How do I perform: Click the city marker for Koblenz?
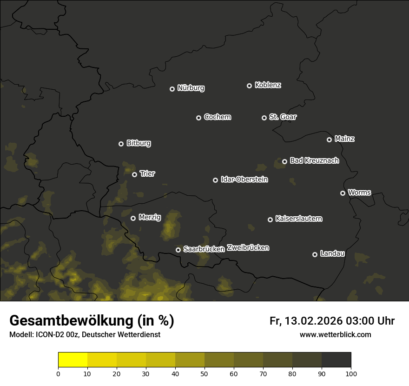point(249,86)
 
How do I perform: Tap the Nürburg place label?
point(191,88)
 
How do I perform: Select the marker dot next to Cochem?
point(198,118)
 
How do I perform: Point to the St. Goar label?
point(283,117)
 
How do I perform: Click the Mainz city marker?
point(329,140)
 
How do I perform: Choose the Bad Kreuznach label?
point(314,160)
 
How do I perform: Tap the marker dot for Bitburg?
point(121,144)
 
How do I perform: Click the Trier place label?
point(147,173)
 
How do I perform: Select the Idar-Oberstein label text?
point(244,180)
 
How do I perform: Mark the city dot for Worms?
point(343,193)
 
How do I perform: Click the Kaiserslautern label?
point(298,219)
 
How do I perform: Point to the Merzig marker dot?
point(133,218)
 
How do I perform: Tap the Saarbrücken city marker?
point(178,250)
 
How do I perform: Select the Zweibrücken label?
point(248,248)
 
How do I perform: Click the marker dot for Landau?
point(315,254)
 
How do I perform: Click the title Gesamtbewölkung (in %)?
point(92,321)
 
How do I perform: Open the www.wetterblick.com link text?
point(335,334)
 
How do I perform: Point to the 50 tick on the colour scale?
point(204,373)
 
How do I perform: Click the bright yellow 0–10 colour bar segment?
point(73,360)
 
